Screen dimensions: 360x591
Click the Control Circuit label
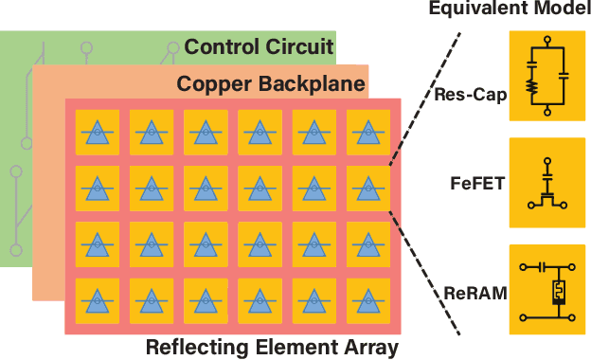(259, 45)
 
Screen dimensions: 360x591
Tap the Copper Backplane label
(271, 84)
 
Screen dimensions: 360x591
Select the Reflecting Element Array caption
(272, 347)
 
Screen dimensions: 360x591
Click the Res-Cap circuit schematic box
(547, 76)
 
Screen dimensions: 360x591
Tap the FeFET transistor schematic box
(547, 183)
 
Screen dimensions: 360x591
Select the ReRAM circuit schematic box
(547, 290)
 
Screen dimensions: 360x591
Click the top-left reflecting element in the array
(96, 131)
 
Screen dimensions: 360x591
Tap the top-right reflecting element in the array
(367, 131)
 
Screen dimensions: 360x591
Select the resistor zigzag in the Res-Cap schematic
(532, 84)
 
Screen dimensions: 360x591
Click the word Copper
(208, 84)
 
